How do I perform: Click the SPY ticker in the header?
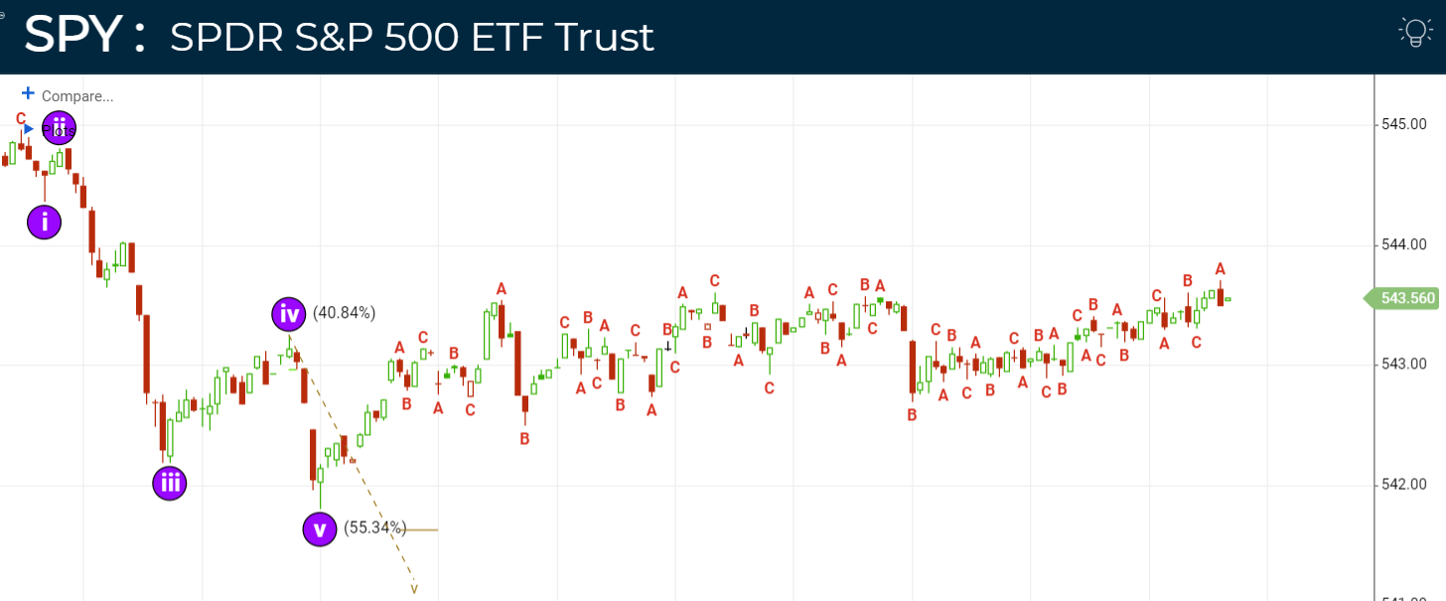coord(72,36)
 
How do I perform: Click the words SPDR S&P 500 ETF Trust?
coord(411,38)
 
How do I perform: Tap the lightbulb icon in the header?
coord(1414,32)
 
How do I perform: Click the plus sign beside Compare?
coord(28,93)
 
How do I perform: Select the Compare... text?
coord(77,96)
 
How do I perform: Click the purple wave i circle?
coord(45,222)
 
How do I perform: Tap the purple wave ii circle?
coord(60,128)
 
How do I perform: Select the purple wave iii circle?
coord(170,483)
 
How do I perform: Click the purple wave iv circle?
coord(289,314)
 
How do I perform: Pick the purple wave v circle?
coord(320,528)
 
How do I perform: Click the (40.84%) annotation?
coord(344,313)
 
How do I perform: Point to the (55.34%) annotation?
coord(374,527)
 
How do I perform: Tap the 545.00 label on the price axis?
coord(1404,125)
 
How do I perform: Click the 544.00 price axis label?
coord(1404,244)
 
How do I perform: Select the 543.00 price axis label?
coord(1404,365)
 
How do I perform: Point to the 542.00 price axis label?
coord(1404,485)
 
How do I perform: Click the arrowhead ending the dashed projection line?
coord(414,590)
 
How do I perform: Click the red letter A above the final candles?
coord(1221,269)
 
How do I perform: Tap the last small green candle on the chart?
coord(1229,299)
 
